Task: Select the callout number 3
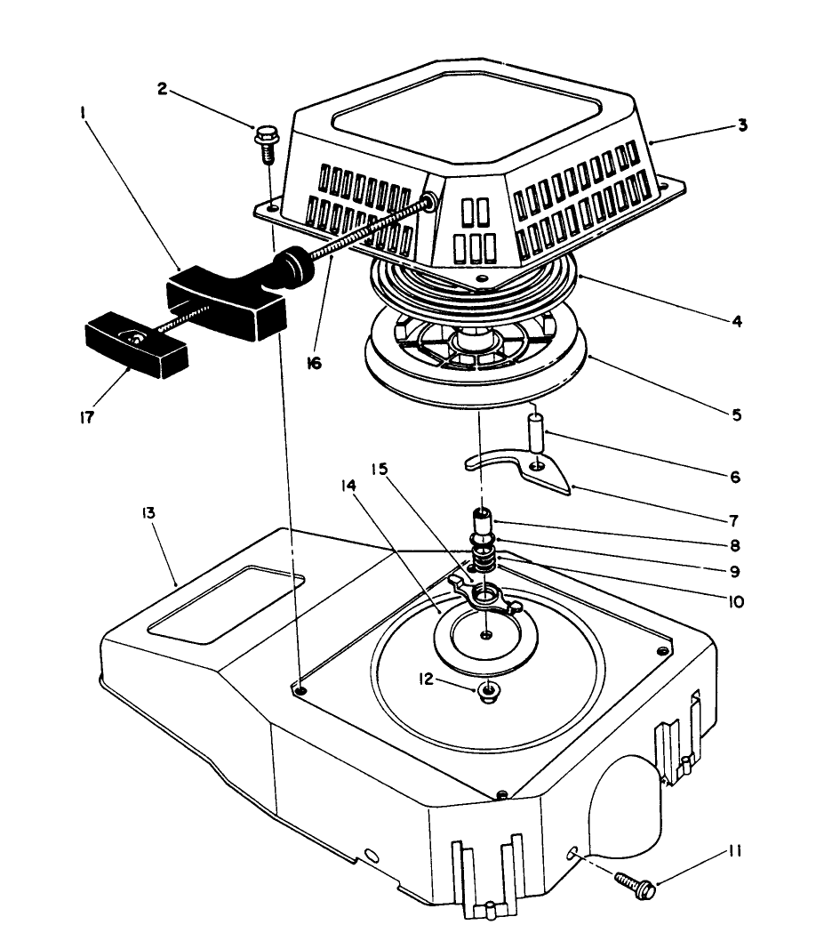coord(741,125)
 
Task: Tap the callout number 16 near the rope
coord(316,364)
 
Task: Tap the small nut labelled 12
coord(487,690)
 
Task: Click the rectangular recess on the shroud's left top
coord(227,601)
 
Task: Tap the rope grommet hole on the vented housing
coord(430,202)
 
